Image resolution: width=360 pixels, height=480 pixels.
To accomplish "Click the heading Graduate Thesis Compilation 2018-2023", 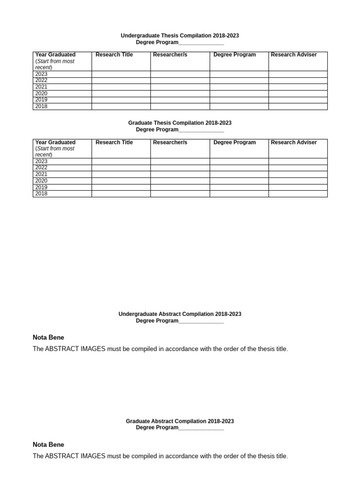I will coord(180,123).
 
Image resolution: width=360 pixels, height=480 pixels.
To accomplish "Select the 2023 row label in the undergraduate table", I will coord(41,74).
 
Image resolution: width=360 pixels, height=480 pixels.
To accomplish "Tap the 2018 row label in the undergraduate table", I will coord(41,106).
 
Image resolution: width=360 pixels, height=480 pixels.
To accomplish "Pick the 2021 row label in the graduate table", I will coord(41,174).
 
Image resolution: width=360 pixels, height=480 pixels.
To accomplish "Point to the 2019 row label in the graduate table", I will coord(41,187).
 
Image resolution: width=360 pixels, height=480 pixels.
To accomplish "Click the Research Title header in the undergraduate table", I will coord(114,55).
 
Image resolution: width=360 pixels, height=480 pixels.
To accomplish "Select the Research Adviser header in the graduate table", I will coord(293,142).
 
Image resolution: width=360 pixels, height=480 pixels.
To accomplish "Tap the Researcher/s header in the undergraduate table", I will coord(170,55).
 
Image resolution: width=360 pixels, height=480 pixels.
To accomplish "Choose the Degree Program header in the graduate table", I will coord(234,142).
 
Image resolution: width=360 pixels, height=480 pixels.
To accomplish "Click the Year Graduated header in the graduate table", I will coord(55,142).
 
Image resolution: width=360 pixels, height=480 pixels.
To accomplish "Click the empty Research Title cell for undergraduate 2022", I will coord(120,81).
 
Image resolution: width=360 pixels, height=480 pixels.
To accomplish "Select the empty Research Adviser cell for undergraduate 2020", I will coord(298,93).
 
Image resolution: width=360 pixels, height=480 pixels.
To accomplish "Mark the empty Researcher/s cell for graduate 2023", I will coord(180,161).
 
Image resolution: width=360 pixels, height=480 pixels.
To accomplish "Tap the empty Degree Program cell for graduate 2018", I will coord(239,194).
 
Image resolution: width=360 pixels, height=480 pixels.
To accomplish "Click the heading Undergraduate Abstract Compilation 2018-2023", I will coord(180,314).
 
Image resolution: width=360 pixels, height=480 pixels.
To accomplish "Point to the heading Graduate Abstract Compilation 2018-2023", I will coord(180,421).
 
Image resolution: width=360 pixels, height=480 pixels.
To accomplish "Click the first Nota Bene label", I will coord(48,337).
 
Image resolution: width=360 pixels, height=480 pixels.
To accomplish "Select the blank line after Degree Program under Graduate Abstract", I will coord(201,428).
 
